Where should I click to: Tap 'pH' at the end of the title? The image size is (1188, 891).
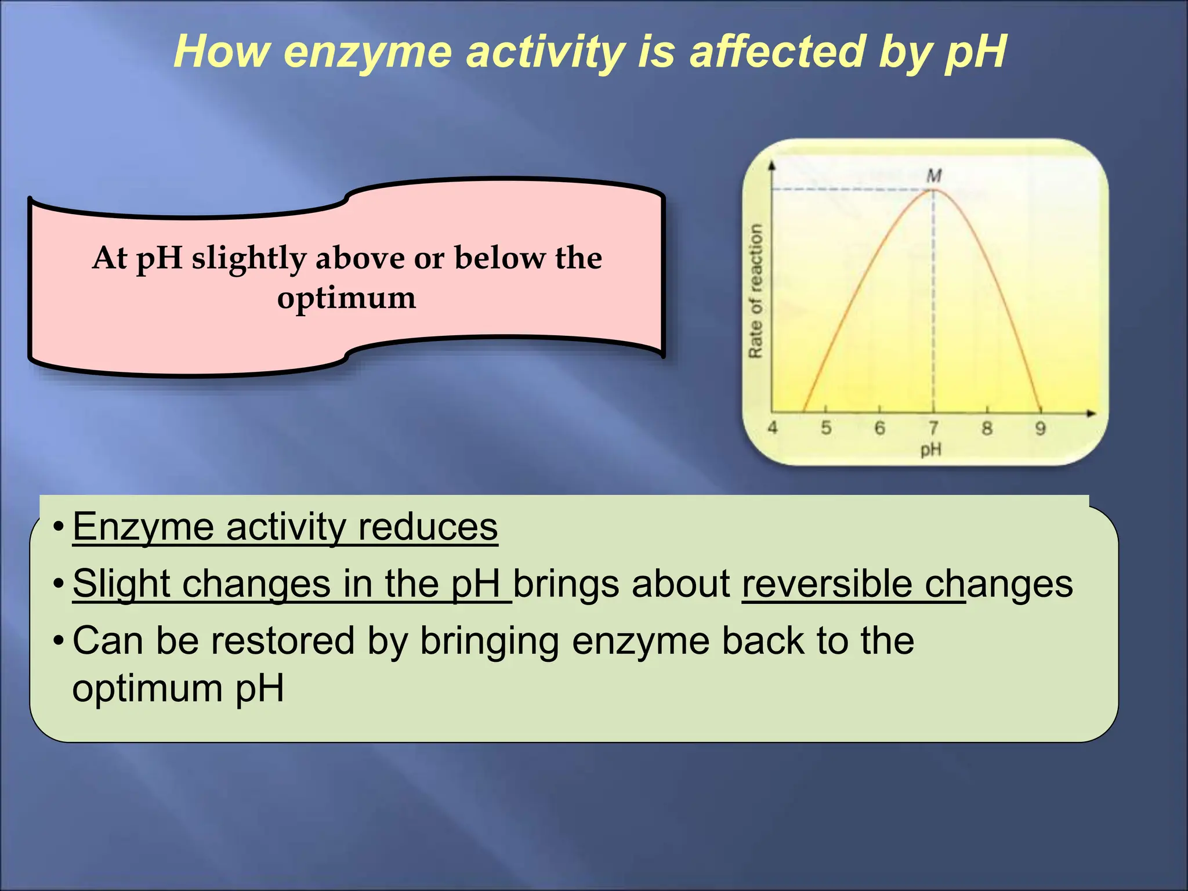click(x=975, y=52)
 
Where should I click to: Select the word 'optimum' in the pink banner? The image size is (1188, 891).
click(x=346, y=298)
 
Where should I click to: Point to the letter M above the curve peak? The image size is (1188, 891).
click(x=934, y=175)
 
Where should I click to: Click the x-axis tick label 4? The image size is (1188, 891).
click(x=773, y=428)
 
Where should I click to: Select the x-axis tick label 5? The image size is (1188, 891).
click(x=826, y=428)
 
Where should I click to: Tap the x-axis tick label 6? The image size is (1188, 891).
click(x=879, y=428)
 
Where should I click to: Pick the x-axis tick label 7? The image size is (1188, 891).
click(x=933, y=428)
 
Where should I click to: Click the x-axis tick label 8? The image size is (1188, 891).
click(x=987, y=428)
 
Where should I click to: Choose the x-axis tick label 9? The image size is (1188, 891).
click(x=1040, y=428)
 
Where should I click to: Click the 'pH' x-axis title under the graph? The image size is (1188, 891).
click(x=931, y=449)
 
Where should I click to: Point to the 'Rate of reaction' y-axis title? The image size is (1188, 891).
click(x=755, y=291)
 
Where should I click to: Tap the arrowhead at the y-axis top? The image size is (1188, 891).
click(x=772, y=166)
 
